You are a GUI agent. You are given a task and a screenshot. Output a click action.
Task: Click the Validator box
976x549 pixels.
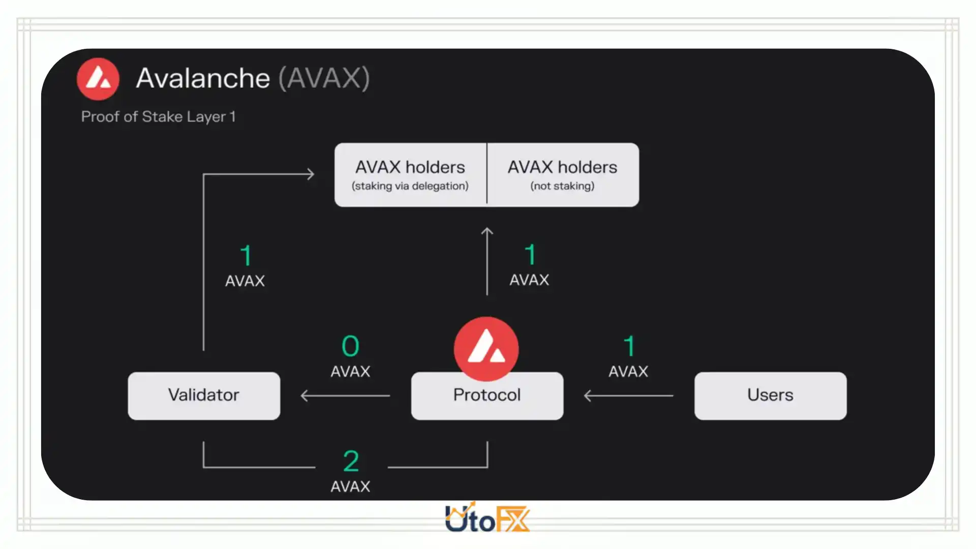click(204, 395)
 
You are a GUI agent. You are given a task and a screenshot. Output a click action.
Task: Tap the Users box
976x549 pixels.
click(770, 395)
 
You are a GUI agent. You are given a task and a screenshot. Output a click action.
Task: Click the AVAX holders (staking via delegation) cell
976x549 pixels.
click(410, 175)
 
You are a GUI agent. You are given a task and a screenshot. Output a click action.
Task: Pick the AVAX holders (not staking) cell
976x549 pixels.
click(563, 175)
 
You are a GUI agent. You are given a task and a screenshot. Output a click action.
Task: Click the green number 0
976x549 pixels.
click(350, 346)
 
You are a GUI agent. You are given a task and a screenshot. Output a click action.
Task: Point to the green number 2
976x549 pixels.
click(351, 461)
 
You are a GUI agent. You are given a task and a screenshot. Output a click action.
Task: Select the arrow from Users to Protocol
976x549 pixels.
click(628, 395)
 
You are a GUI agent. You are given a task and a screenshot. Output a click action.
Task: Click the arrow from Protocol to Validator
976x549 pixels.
click(345, 395)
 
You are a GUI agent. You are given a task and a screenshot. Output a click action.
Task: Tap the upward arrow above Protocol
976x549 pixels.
click(487, 261)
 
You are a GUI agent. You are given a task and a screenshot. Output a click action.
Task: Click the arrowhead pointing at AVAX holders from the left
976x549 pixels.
click(310, 174)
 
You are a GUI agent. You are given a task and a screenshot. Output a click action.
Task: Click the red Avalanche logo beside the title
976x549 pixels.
click(98, 79)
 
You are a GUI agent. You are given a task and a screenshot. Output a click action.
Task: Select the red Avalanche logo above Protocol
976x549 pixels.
click(486, 349)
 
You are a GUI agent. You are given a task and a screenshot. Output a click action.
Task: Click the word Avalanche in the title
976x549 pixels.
click(203, 78)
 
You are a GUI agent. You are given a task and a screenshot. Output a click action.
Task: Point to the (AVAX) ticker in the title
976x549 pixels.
click(324, 78)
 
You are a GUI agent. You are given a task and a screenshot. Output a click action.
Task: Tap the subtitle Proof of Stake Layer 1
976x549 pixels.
click(159, 117)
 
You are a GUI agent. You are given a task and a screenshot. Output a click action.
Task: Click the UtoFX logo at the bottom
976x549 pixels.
click(487, 518)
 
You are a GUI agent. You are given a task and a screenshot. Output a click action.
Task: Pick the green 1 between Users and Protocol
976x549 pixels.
click(629, 346)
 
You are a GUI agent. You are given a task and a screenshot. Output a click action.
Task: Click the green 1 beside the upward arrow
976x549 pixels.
click(530, 254)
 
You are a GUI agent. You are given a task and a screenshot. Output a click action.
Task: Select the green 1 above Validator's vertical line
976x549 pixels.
click(246, 255)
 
